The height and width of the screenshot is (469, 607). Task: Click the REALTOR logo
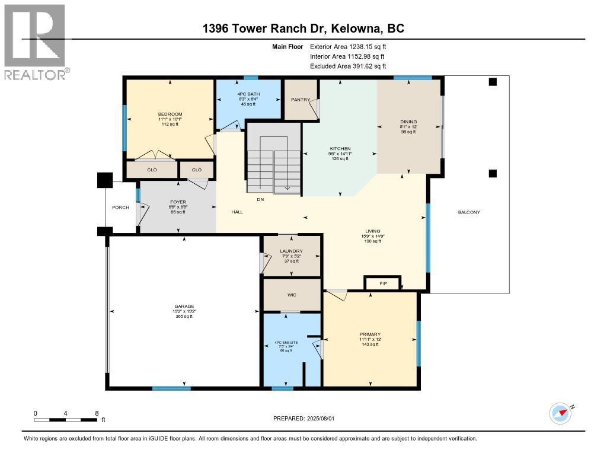(x=35, y=42)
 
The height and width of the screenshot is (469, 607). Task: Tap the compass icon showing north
(x=560, y=413)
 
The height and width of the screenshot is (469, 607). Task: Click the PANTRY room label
(x=301, y=100)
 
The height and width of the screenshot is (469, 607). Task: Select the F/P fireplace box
(x=384, y=284)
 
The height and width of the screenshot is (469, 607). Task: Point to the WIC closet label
(x=292, y=295)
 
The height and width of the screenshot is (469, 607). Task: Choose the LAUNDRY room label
(x=292, y=251)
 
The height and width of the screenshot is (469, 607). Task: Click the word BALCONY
(x=469, y=212)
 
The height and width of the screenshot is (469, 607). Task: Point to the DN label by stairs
(x=260, y=200)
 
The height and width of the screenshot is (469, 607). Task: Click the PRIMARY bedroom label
(x=370, y=334)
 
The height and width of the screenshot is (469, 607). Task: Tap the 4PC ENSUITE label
(x=286, y=342)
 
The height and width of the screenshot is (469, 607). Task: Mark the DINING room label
(x=408, y=122)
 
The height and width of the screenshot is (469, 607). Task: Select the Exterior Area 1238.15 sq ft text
(x=349, y=46)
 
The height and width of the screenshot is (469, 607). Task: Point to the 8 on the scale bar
(x=97, y=413)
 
